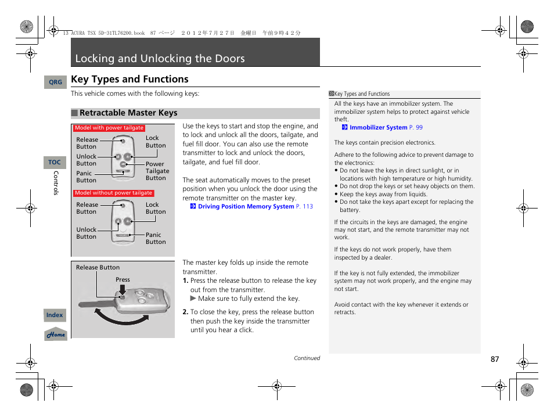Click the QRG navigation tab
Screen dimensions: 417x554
[55, 82]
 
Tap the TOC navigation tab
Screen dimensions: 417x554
[55, 163]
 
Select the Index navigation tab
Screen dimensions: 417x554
[55, 315]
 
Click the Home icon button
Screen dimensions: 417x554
[56, 335]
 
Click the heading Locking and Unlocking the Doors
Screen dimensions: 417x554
[160, 59]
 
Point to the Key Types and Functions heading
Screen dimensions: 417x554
[129, 80]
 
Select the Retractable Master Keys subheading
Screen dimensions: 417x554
[128, 113]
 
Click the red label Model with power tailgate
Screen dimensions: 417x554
[109, 128]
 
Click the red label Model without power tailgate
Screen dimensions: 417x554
[113, 193]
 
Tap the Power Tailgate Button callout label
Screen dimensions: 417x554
[157, 171]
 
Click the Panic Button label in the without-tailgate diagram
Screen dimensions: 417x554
[155, 238]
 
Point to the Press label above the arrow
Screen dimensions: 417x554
[123, 279]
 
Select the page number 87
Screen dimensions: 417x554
[494, 360]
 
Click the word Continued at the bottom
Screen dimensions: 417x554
[307, 358]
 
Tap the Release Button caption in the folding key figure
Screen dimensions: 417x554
[98, 268]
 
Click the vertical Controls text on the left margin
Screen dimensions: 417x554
[56, 183]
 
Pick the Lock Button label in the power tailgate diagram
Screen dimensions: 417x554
[155, 142]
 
